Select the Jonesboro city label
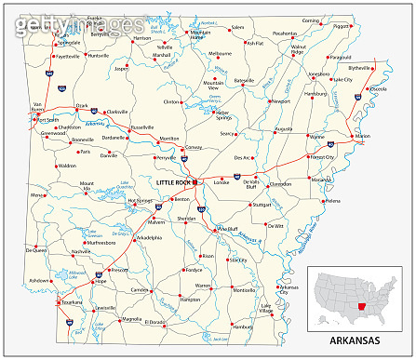click(x=318, y=73)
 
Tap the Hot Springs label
click(x=114, y=200)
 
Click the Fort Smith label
click(x=47, y=120)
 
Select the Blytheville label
click(x=358, y=68)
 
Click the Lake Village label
click(x=266, y=308)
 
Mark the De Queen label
click(x=35, y=249)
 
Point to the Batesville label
click(x=245, y=82)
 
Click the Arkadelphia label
click(x=149, y=238)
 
